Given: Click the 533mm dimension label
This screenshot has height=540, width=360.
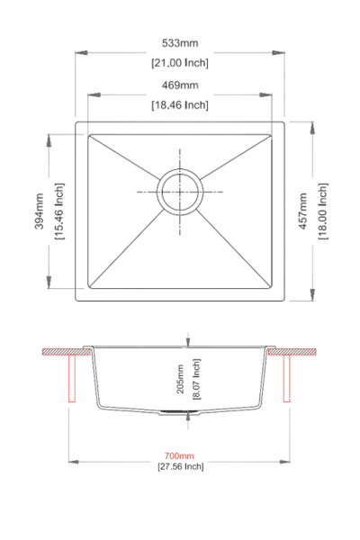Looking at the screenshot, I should pyautogui.click(x=180, y=42).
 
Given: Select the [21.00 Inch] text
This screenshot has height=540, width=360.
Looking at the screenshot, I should pyautogui.click(x=180, y=62).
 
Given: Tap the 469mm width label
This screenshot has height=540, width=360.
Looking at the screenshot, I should pyautogui.click(x=180, y=85).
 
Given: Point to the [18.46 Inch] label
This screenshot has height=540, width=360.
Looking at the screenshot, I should pyautogui.click(x=180, y=105).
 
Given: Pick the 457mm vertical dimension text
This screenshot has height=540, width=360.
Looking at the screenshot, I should pyautogui.click(x=302, y=211).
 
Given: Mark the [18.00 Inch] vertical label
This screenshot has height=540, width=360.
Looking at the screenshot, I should pyautogui.click(x=322, y=211).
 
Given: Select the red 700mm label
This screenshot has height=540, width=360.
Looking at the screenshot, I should pyautogui.click(x=180, y=456).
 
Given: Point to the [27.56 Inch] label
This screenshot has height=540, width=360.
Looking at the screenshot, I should pyautogui.click(x=180, y=467).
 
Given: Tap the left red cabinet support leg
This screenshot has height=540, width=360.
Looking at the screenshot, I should pyautogui.click(x=72, y=378).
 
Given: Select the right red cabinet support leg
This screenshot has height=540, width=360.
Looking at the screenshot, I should pyautogui.click(x=287, y=378).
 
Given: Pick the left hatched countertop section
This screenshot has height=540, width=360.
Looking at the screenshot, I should pyautogui.click(x=63, y=349).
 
